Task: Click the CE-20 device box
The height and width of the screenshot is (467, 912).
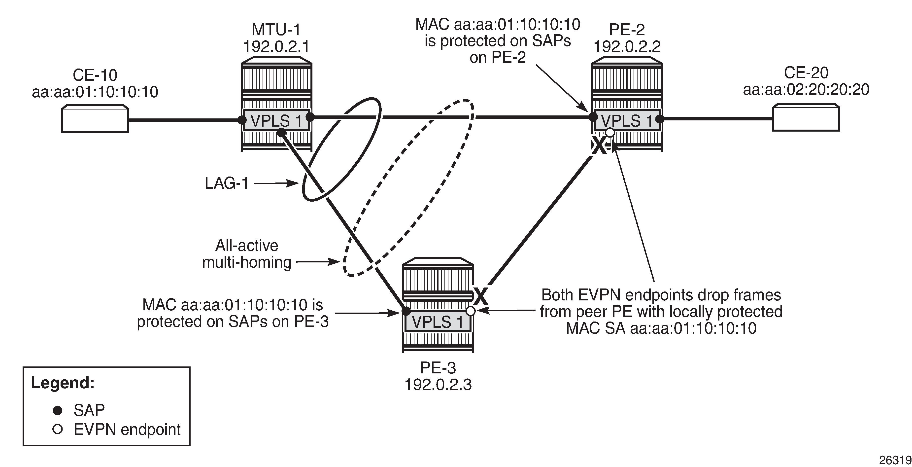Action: click(x=806, y=118)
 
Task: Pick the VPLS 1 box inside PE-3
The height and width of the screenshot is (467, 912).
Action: click(x=438, y=322)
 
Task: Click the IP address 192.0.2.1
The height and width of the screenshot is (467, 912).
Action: click(x=276, y=46)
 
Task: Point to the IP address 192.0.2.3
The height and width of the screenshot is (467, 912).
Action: click(x=438, y=384)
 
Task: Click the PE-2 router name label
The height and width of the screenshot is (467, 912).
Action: click(x=627, y=30)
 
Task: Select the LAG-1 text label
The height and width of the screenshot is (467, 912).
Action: click(x=227, y=183)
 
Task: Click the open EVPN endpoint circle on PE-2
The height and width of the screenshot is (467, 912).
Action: click(x=610, y=133)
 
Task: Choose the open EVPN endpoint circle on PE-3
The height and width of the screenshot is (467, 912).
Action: click(x=471, y=311)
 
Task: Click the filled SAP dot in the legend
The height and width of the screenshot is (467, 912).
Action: click(x=57, y=410)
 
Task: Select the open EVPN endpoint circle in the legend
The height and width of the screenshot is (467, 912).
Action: click(x=57, y=430)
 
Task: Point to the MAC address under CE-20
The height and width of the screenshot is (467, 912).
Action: click(x=806, y=90)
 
